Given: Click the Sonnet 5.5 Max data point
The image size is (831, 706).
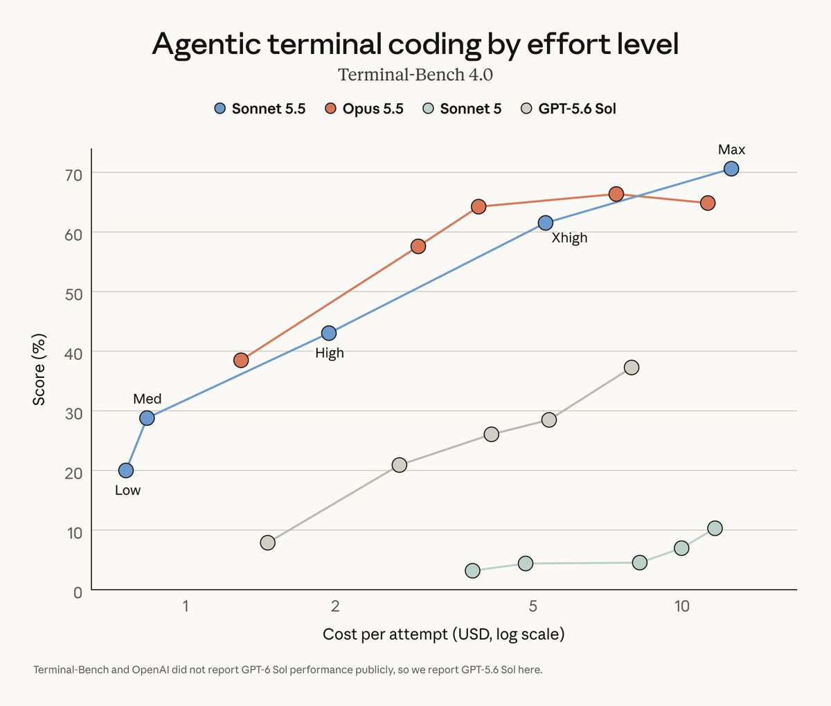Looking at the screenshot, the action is coord(731,169).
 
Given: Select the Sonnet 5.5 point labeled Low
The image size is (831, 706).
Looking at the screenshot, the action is coord(126,470).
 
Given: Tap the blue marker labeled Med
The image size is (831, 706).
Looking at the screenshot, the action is coord(147,418).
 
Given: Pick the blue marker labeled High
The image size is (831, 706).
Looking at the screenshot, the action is coord(329,333).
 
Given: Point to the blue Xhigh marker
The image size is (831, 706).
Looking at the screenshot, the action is coord(545,223).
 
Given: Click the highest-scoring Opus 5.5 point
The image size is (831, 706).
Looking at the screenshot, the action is coord(616,194).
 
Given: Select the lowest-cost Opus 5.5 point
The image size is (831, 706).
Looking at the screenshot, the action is coord(241,360).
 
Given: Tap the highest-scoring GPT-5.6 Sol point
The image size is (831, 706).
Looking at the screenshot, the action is coord(631,368).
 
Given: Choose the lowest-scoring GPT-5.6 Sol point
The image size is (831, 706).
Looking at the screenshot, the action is coord(268,543).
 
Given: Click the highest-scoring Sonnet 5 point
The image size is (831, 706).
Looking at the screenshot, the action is coord(715,528).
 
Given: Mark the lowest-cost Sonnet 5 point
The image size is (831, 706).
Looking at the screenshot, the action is coord(472,570).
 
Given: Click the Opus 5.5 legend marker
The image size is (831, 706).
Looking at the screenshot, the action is coord(330,109).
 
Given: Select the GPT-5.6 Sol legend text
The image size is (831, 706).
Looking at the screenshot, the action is coord(577,109).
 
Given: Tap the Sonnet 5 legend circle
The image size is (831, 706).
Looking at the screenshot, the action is coord(428,109).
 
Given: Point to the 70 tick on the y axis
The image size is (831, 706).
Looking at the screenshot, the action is coord(73,175).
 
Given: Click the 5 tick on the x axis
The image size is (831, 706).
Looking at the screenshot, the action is coord(533,606).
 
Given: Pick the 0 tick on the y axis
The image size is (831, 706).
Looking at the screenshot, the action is coord(78,592).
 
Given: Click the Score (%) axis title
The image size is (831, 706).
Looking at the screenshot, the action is coord(39,370).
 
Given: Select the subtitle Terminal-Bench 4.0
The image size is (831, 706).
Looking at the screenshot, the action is coord(415,75).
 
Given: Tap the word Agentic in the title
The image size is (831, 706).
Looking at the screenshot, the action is coord(206,44).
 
